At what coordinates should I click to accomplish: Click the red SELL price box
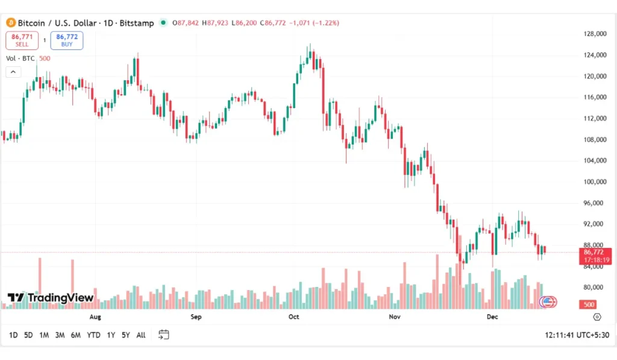[22, 40]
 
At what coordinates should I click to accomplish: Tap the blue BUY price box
[67, 40]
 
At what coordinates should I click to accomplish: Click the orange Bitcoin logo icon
[10, 23]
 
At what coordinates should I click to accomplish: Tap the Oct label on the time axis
[294, 317]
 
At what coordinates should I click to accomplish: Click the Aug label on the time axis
[95, 317]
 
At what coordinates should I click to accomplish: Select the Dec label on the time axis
[492, 317]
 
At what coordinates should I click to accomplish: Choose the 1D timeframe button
[13, 335]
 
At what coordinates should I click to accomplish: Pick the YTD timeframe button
[93, 335]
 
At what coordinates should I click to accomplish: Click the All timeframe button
[141, 335]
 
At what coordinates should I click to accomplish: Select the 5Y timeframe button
[125, 335]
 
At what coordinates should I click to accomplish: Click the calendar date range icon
[163, 335]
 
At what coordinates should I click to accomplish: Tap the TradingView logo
[51, 297]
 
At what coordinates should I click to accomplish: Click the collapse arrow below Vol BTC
[13, 72]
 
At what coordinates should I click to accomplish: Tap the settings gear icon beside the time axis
[597, 317]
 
